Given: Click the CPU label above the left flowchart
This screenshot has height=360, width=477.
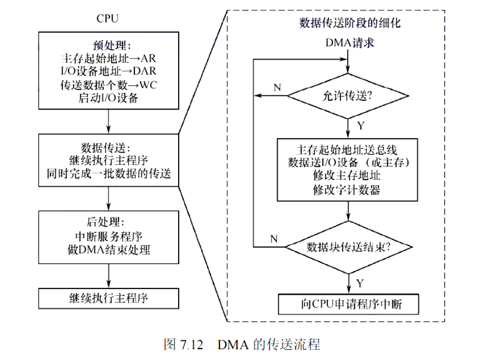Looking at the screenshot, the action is [107, 19].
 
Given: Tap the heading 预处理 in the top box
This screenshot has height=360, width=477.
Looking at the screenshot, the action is [109, 46].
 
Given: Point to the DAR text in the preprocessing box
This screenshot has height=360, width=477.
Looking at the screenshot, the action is [144, 71].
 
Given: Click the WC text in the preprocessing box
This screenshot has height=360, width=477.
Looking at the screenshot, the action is [148, 85].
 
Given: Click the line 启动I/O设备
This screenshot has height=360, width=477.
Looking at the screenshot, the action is [108, 98].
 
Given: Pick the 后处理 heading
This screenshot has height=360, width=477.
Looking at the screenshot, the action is [103, 221].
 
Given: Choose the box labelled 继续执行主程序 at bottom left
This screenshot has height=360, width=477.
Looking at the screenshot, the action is [108, 299].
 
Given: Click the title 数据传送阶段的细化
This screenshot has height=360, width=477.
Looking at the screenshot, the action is [350, 23].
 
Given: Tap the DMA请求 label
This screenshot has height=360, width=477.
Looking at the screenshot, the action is [350, 43].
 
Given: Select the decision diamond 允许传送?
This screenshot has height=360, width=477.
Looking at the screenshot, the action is [348, 96].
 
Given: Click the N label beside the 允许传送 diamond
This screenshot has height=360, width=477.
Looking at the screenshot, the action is [277, 88].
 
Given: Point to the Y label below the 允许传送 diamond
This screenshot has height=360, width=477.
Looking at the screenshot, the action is [361, 126].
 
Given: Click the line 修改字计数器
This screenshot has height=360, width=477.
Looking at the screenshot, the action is [347, 190].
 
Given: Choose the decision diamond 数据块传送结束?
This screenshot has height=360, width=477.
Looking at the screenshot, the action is [349, 247].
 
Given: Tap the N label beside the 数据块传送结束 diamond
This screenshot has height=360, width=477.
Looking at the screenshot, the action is [274, 239].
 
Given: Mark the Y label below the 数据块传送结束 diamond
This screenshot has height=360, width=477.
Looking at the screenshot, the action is [360, 283].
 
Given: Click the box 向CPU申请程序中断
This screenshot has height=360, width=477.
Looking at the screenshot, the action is [349, 304].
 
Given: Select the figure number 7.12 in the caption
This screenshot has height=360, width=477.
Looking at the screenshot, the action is [192, 345].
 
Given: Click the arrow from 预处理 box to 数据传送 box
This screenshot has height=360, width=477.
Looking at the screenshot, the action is [108, 121].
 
